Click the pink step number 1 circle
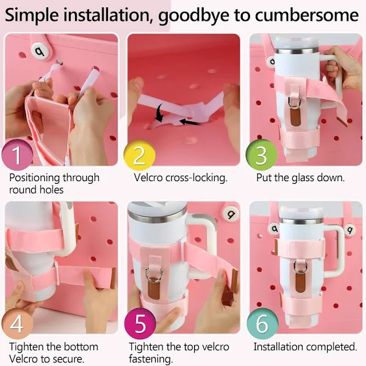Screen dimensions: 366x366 (x=17, y=155)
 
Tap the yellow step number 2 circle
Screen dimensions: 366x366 (x=139, y=155)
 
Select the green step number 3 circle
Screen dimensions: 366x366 (x=262, y=155)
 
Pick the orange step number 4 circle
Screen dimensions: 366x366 (x=17, y=323)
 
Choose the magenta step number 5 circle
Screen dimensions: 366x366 (x=140, y=323)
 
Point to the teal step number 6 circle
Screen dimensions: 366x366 (x=262, y=323)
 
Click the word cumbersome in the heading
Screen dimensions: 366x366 (x=307, y=15)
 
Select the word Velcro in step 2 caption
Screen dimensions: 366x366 (x=148, y=178)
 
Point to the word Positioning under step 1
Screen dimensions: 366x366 (x=35, y=178)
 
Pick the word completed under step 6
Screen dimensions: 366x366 (x=331, y=347)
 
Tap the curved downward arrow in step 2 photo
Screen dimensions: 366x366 (x=160, y=113)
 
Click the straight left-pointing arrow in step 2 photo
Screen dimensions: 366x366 (x=190, y=121)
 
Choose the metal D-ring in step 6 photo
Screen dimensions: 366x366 (x=300, y=267)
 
